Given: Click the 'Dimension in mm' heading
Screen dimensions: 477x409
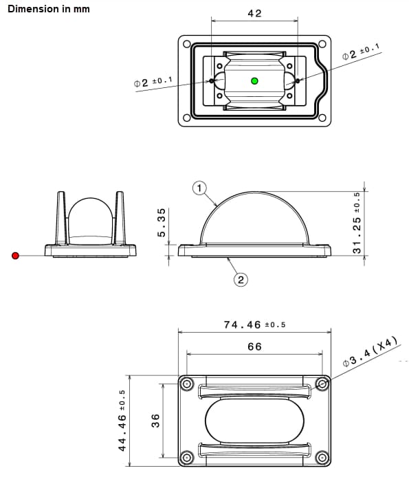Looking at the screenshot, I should click(x=48, y=9).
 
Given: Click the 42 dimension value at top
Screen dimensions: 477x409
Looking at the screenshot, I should click(x=254, y=13).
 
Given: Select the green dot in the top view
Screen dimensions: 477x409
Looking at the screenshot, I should click(x=255, y=80).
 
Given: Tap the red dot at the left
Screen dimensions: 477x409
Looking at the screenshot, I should click(x=16, y=256).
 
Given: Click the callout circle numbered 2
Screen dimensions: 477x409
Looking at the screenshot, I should click(x=241, y=279).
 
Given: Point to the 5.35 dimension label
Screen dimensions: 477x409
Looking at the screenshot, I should click(x=162, y=223).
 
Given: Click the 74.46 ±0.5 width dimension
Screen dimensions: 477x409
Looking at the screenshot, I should click(x=254, y=324).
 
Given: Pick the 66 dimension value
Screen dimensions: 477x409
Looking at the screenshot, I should click(x=254, y=346).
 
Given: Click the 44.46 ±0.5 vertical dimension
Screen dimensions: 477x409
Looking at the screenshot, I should click(x=122, y=420).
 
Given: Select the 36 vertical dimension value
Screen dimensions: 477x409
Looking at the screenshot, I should click(x=155, y=420).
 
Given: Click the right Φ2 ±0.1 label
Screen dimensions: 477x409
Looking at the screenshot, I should click(x=361, y=52).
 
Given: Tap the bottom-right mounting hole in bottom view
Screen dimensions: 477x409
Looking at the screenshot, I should click(x=322, y=456).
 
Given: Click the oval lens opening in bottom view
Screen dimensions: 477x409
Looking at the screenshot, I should click(x=254, y=420).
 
